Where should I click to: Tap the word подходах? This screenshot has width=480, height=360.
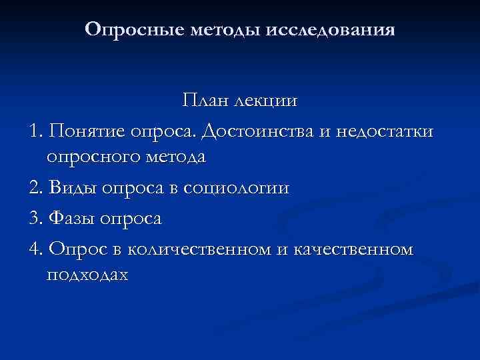(87, 275)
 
